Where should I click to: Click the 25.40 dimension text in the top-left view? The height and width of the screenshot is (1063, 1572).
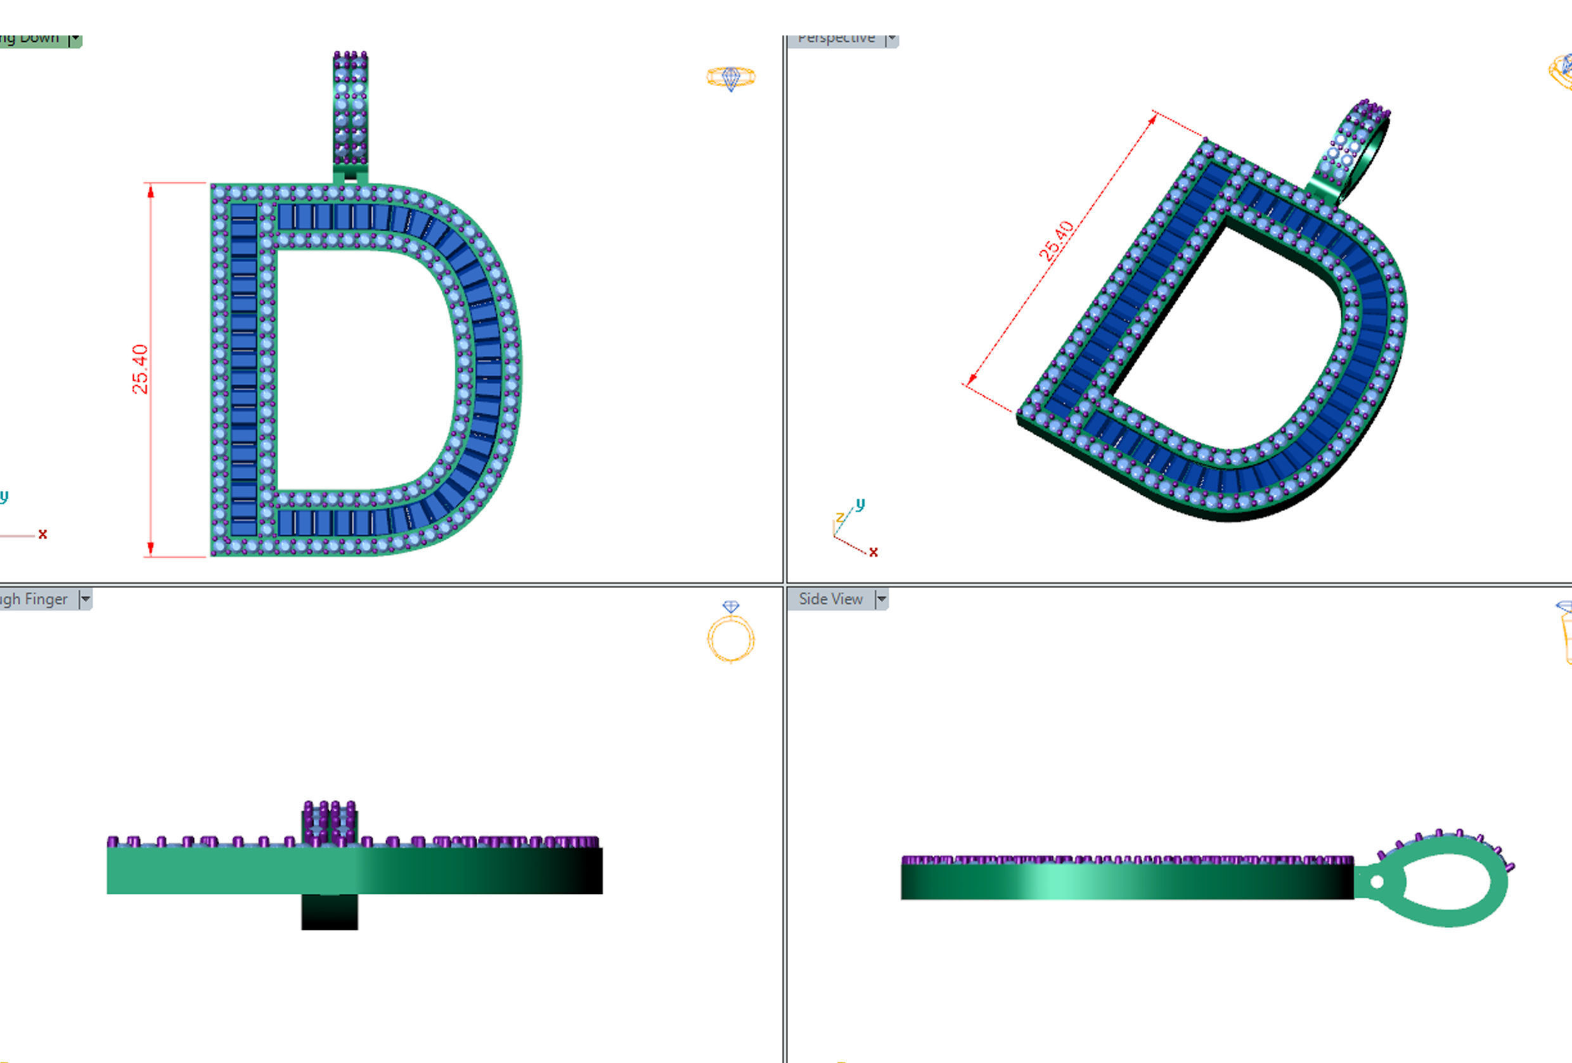(140, 369)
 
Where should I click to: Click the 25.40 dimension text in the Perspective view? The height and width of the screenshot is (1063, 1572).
(1056, 241)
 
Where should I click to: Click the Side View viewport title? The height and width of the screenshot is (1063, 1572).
(830, 599)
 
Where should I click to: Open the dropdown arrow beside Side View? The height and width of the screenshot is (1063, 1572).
(880, 599)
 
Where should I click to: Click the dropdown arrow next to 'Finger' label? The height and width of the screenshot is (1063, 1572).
(85, 599)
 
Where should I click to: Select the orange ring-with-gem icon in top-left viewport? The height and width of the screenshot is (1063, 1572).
(730, 77)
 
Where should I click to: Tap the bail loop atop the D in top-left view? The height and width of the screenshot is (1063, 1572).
(351, 108)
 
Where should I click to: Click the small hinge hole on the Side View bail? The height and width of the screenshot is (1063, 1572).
(1377, 882)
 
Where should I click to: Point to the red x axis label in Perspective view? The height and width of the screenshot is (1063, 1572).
(873, 552)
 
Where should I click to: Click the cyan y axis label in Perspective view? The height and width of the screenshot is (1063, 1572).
(860, 504)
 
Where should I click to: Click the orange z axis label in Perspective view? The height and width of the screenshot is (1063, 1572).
(839, 518)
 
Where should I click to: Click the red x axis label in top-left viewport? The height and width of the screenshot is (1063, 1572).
(42, 534)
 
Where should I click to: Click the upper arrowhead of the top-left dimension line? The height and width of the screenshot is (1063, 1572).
(150, 191)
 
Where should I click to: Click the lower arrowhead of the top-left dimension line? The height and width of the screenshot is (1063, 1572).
(150, 548)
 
